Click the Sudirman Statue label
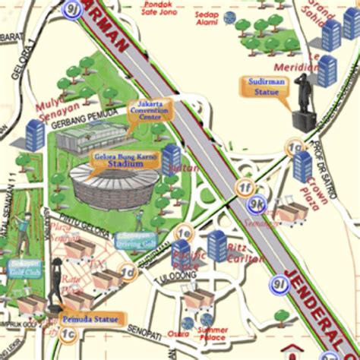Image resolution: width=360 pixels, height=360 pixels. click(267, 87)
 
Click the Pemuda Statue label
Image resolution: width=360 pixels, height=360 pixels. click(90, 320)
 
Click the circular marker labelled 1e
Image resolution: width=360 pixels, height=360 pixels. click(183, 233)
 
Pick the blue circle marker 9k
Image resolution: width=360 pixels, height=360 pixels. click(257, 203)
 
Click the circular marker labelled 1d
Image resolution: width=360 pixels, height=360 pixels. click(128, 271)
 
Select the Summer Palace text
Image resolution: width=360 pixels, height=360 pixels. click(212, 334)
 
